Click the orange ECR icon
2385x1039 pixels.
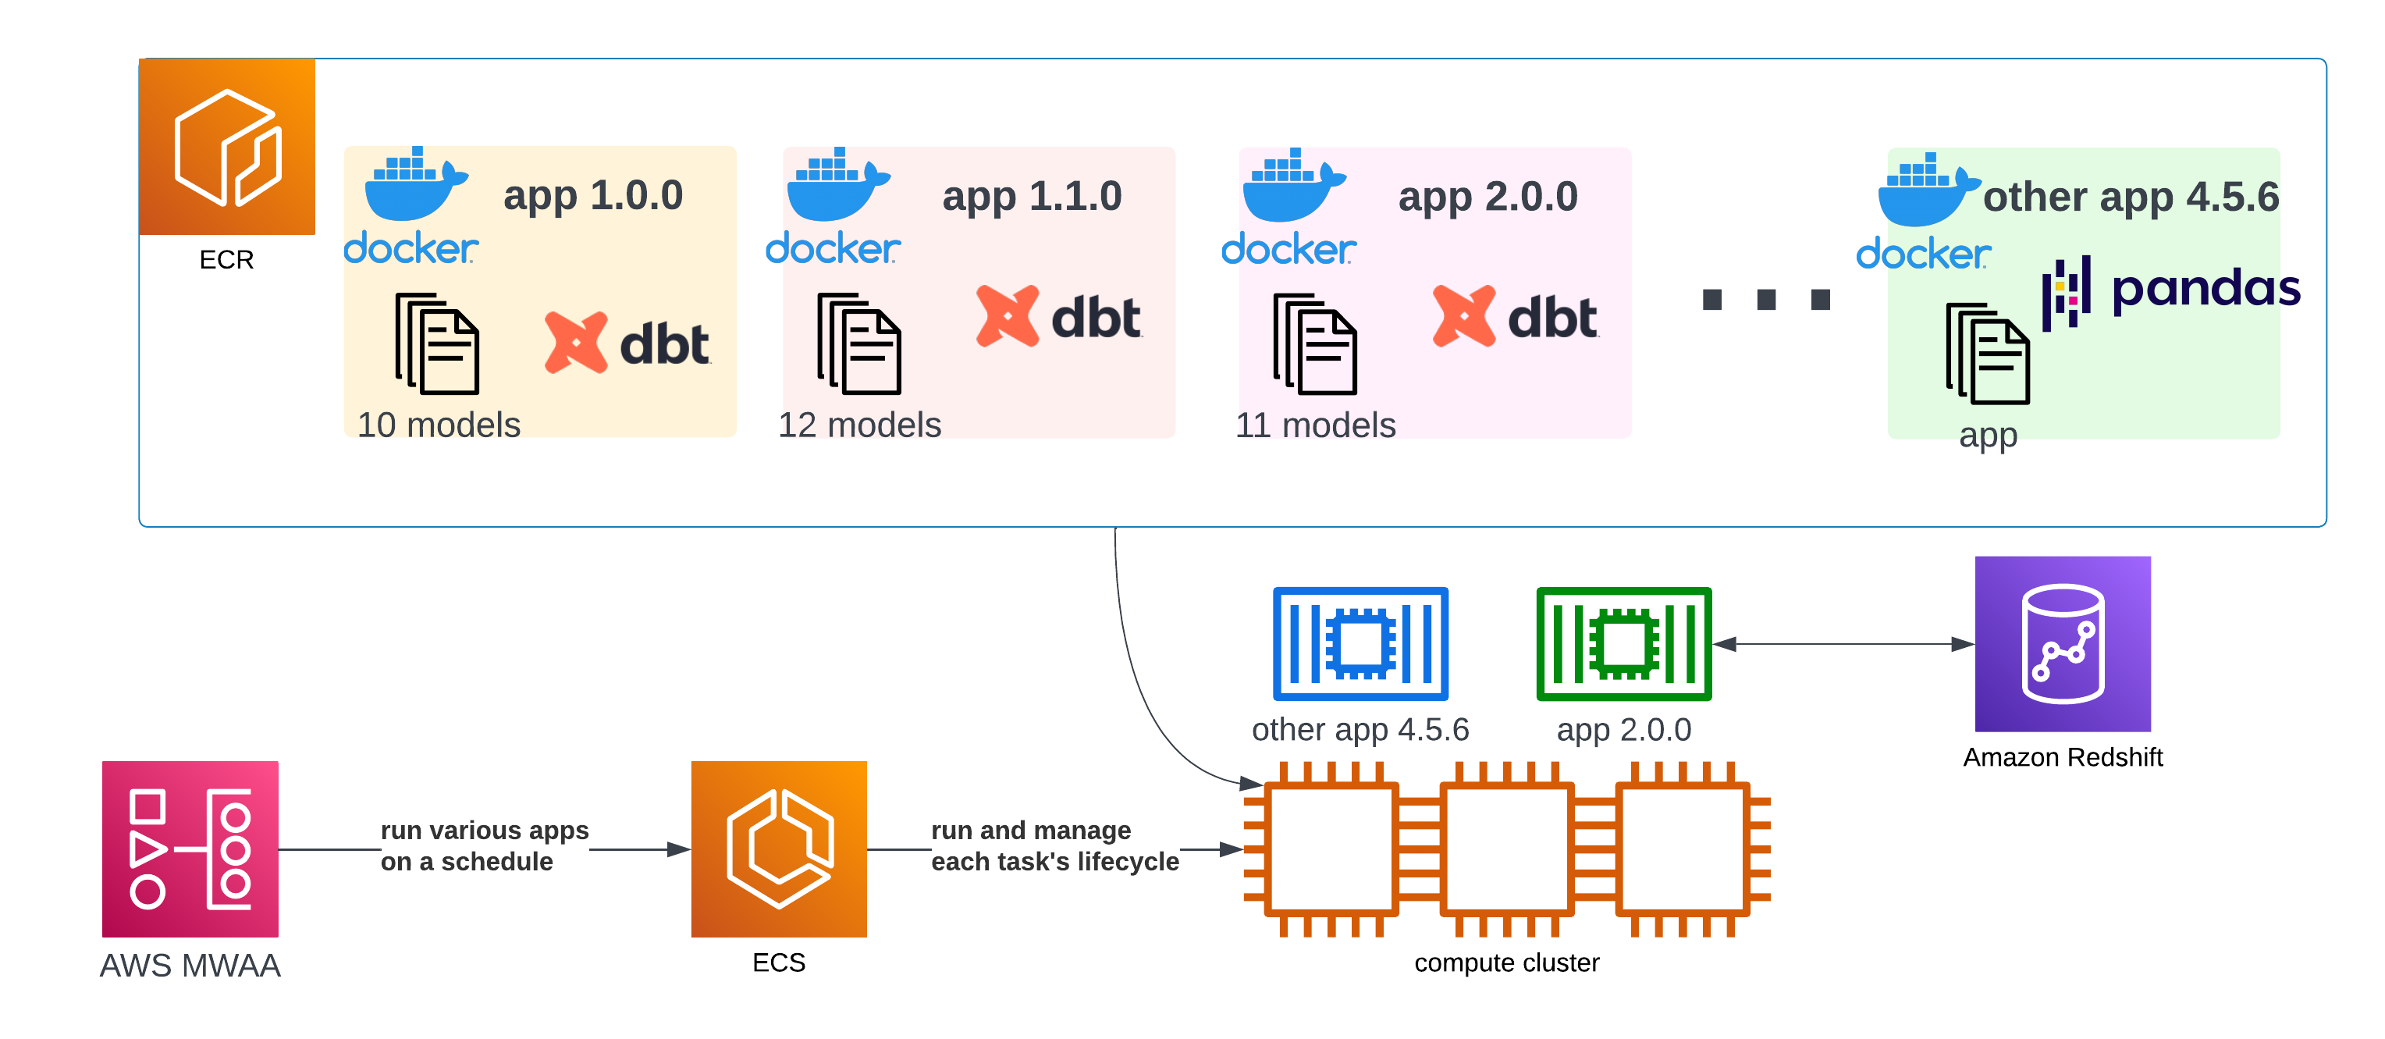coord(227,146)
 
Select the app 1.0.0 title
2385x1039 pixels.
coord(592,195)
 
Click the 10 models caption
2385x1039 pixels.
coord(439,425)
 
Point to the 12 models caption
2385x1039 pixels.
coord(859,425)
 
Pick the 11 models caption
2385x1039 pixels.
coord(1315,425)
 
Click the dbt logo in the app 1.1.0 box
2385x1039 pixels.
coord(1059,317)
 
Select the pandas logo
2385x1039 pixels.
coord(2170,290)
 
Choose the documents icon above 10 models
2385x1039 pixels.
coord(437,343)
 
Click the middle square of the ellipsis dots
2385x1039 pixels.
coord(1767,300)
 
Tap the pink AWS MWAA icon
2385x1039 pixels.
coord(190,849)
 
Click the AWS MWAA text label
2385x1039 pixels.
coord(190,966)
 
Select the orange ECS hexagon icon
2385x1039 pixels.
coord(778,849)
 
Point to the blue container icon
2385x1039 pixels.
coord(1360,643)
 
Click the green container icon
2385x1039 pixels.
coord(1623,643)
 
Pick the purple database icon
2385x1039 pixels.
coord(2063,643)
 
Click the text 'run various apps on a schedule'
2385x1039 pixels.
coord(484,845)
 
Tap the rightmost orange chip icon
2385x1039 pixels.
coord(1683,849)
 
